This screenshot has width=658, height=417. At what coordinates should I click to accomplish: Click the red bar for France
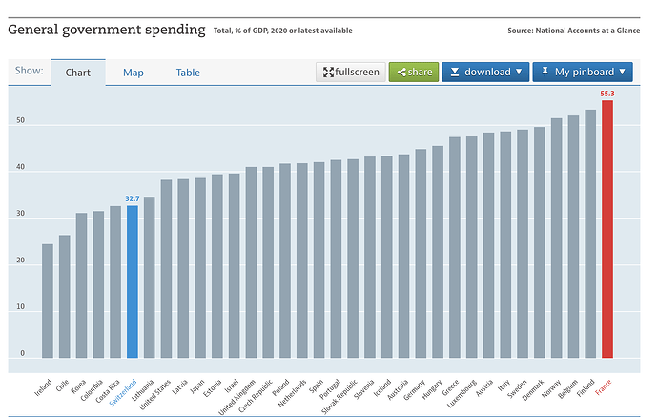pyautogui.click(x=607, y=229)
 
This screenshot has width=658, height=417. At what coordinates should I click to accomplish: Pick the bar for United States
pyautogui.click(x=166, y=268)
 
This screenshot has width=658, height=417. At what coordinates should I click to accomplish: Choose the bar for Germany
pyautogui.click(x=421, y=253)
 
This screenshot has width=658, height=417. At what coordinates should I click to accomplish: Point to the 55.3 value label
pyautogui.click(x=607, y=94)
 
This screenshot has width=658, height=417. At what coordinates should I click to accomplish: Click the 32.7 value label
pyautogui.click(x=133, y=198)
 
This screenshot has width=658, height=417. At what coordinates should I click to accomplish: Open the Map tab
pyautogui.click(x=134, y=73)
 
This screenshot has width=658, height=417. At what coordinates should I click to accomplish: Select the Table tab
pyautogui.click(x=188, y=73)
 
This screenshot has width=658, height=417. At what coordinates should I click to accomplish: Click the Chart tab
pyautogui.click(x=78, y=73)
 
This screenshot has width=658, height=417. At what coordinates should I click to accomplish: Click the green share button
pyautogui.click(x=413, y=72)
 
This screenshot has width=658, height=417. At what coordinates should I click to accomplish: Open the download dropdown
pyautogui.click(x=484, y=72)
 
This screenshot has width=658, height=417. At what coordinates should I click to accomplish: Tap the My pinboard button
pyautogui.click(x=583, y=72)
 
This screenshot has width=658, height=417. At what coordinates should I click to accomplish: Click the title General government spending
pyautogui.click(x=107, y=30)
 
